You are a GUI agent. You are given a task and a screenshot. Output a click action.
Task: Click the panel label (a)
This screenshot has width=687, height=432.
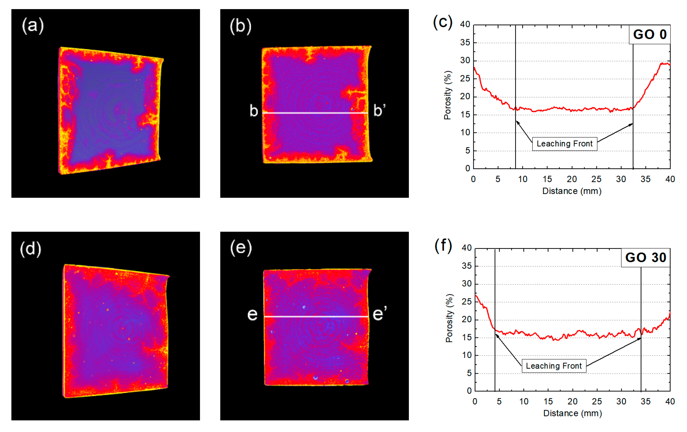click(33, 26)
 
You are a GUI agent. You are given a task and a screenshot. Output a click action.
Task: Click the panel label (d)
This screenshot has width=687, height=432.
click(31, 249)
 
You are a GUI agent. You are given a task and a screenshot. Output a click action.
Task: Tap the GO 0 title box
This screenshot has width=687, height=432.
click(650, 35)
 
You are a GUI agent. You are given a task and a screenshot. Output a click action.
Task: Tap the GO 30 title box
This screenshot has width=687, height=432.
click(645, 258)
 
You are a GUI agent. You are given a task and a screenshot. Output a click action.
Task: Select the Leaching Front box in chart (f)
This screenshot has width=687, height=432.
click(554, 366)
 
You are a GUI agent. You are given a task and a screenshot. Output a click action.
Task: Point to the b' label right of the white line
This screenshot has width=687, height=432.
click(379, 111)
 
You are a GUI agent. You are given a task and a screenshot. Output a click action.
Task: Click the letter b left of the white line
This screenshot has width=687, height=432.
click(254, 111)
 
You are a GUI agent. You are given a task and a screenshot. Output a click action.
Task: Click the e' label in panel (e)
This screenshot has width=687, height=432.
click(379, 314)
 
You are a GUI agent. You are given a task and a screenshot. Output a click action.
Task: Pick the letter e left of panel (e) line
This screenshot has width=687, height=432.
click(252, 314)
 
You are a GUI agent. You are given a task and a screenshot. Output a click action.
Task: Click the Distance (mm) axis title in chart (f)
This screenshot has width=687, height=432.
click(572, 413)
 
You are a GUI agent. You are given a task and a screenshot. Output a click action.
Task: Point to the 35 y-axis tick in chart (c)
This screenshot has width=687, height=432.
click(465, 43)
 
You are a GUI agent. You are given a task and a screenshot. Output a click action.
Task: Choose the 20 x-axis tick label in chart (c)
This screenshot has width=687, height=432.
click(572, 179)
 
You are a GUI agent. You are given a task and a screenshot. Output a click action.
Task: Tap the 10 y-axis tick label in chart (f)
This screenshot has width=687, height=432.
click(467, 355)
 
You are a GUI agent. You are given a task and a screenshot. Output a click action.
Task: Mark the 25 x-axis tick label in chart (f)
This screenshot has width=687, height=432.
click(597, 401)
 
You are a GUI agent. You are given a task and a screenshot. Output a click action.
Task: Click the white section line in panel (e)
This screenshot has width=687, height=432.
click(316, 316)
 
